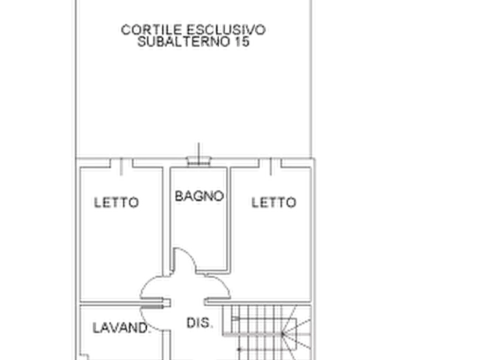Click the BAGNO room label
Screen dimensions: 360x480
tap(198, 197)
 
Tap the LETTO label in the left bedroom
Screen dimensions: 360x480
tap(116, 203)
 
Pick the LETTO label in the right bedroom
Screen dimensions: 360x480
tap(272, 203)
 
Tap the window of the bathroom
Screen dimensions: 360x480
tap(199, 161)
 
